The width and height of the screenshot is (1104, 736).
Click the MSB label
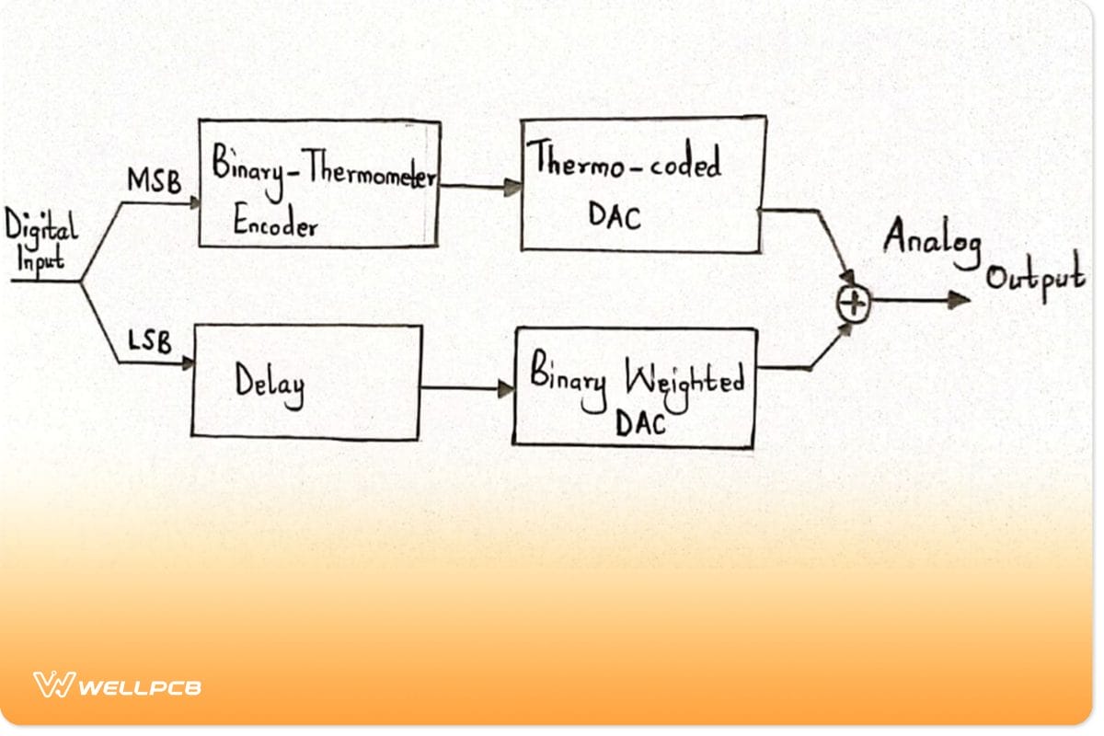153,180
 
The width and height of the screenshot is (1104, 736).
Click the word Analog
931,241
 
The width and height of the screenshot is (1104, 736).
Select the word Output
1034,279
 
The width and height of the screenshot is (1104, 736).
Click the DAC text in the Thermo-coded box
615,218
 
